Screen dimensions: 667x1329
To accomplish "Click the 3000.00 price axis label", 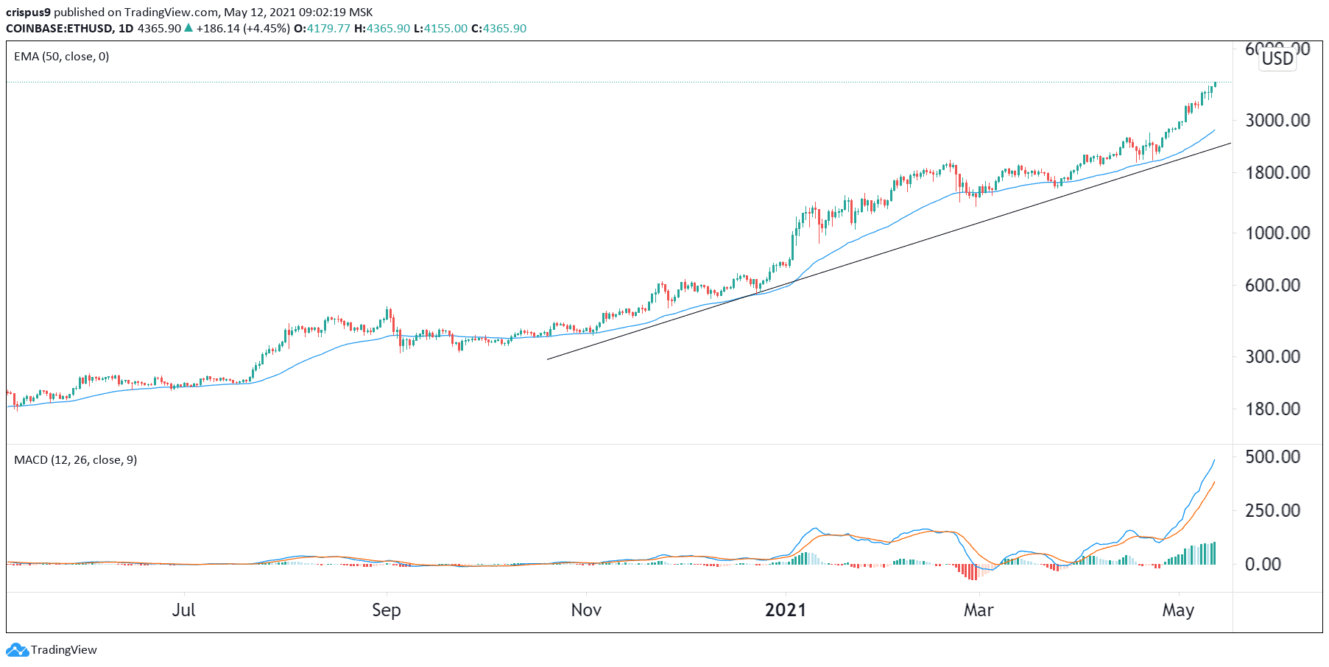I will (x=1277, y=120).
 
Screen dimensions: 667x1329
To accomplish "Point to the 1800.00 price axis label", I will (x=1277, y=173).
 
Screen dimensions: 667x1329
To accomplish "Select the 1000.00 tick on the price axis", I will (x=1277, y=233).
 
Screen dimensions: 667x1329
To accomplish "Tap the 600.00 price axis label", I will (x=1272, y=286).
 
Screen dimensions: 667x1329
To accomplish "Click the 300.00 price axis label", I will (x=1272, y=356).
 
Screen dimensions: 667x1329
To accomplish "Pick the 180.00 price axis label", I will (x=1272, y=409).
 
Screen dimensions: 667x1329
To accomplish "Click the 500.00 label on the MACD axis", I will (x=1272, y=456).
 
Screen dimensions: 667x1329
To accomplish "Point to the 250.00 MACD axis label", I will (x=1272, y=510).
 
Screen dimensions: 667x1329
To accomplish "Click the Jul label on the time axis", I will (x=183, y=610).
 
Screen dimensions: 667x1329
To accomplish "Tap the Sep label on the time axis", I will (x=386, y=610).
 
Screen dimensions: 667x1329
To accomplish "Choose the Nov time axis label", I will (x=586, y=610).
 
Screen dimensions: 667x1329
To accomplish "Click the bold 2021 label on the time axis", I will (x=786, y=610).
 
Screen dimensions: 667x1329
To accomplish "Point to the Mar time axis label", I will (x=979, y=610).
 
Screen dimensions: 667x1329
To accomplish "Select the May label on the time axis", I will (x=1178, y=610).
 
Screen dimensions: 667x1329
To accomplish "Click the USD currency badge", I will (x=1277, y=59).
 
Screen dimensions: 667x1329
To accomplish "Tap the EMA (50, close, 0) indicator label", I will (x=62, y=57).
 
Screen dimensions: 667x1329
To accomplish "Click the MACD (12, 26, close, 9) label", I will (x=75, y=460).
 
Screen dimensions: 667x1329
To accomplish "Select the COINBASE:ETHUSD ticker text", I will (x=59, y=29).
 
